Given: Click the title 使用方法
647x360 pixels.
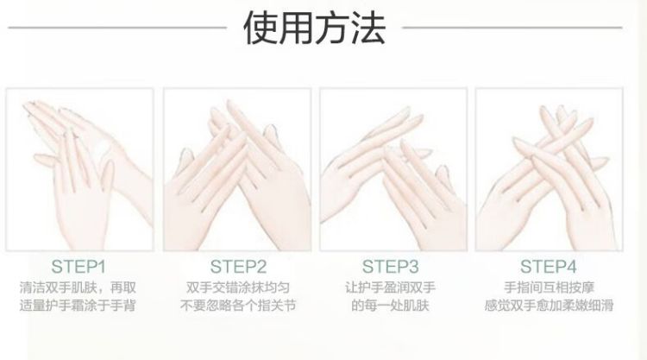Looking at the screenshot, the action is click(x=315, y=28).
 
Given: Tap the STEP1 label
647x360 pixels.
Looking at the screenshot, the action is click(x=79, y=267).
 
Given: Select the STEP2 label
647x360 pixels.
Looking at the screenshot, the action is click(x=238, y=267).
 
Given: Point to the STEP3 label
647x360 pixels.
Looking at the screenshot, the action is click(x=390, y=267).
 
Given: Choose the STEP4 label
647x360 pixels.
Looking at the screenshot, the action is click(x=548, y=267).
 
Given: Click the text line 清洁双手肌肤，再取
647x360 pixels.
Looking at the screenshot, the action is click(x=78, y=287).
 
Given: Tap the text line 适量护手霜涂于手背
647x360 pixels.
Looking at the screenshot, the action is click(x=78, y=306).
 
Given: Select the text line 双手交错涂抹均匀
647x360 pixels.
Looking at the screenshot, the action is click(x=238, y=287).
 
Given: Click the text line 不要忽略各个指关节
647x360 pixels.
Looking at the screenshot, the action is click(x=238, y=306).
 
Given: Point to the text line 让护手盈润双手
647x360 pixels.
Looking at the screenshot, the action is click(x=390, y=287).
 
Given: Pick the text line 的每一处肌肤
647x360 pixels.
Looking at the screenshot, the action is click(x=390, y=306).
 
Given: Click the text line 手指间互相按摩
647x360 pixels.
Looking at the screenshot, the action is click(x=549, y=287).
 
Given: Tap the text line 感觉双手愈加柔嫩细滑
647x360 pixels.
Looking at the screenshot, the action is click(x=549, y=306).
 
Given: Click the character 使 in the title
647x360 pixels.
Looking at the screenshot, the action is click(x=261, y=28).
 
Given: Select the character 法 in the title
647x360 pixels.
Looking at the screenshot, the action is click(x=368, y=28).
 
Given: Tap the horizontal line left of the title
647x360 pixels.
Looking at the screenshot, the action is click(x=117, y=28).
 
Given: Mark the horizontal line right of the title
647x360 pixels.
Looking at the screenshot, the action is click(x=512, y=28).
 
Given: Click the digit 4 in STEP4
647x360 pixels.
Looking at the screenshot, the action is click(x=571, y=267).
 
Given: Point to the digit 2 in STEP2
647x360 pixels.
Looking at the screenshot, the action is click(x=261, y=267).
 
